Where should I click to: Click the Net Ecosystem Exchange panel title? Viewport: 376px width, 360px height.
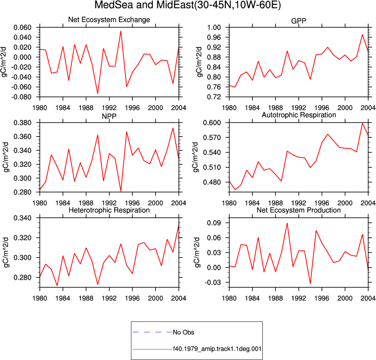tap(109, 19)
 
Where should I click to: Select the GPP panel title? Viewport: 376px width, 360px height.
tap(298, 21)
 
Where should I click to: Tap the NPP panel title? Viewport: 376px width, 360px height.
tap(109, 116)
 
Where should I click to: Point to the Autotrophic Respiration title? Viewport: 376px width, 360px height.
tap(299, 115)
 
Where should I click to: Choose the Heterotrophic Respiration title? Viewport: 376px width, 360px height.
tap(109, 210)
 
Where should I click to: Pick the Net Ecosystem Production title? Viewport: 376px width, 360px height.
tap(299, 210)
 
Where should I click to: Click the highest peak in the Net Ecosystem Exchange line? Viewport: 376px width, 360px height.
tap(121, 31)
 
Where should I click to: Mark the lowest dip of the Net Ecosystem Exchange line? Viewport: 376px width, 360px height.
tap(98, 93)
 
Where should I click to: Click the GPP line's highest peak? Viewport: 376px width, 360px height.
tap(362, 34)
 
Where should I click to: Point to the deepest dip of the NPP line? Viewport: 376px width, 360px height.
tap(121, 191)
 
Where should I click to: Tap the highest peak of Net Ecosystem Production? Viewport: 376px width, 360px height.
tap(287, 223)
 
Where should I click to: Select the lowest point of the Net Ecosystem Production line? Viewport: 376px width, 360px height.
tap(310, 283)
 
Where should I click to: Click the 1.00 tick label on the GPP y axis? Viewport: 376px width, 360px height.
tap(214, 27)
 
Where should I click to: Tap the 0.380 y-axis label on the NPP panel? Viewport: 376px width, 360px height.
tap(22, 123)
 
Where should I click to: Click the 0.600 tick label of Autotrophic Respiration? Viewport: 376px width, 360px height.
tap(212, 123)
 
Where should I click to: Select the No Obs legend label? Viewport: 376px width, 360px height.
tap(184, 332)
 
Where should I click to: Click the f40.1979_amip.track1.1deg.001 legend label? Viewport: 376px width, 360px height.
tap(217, 349)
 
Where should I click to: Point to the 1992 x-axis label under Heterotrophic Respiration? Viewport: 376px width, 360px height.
tap(109, 298)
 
